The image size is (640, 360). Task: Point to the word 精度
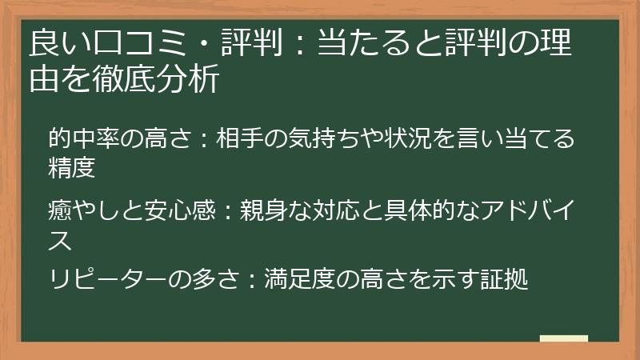(x=72, y=168)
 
